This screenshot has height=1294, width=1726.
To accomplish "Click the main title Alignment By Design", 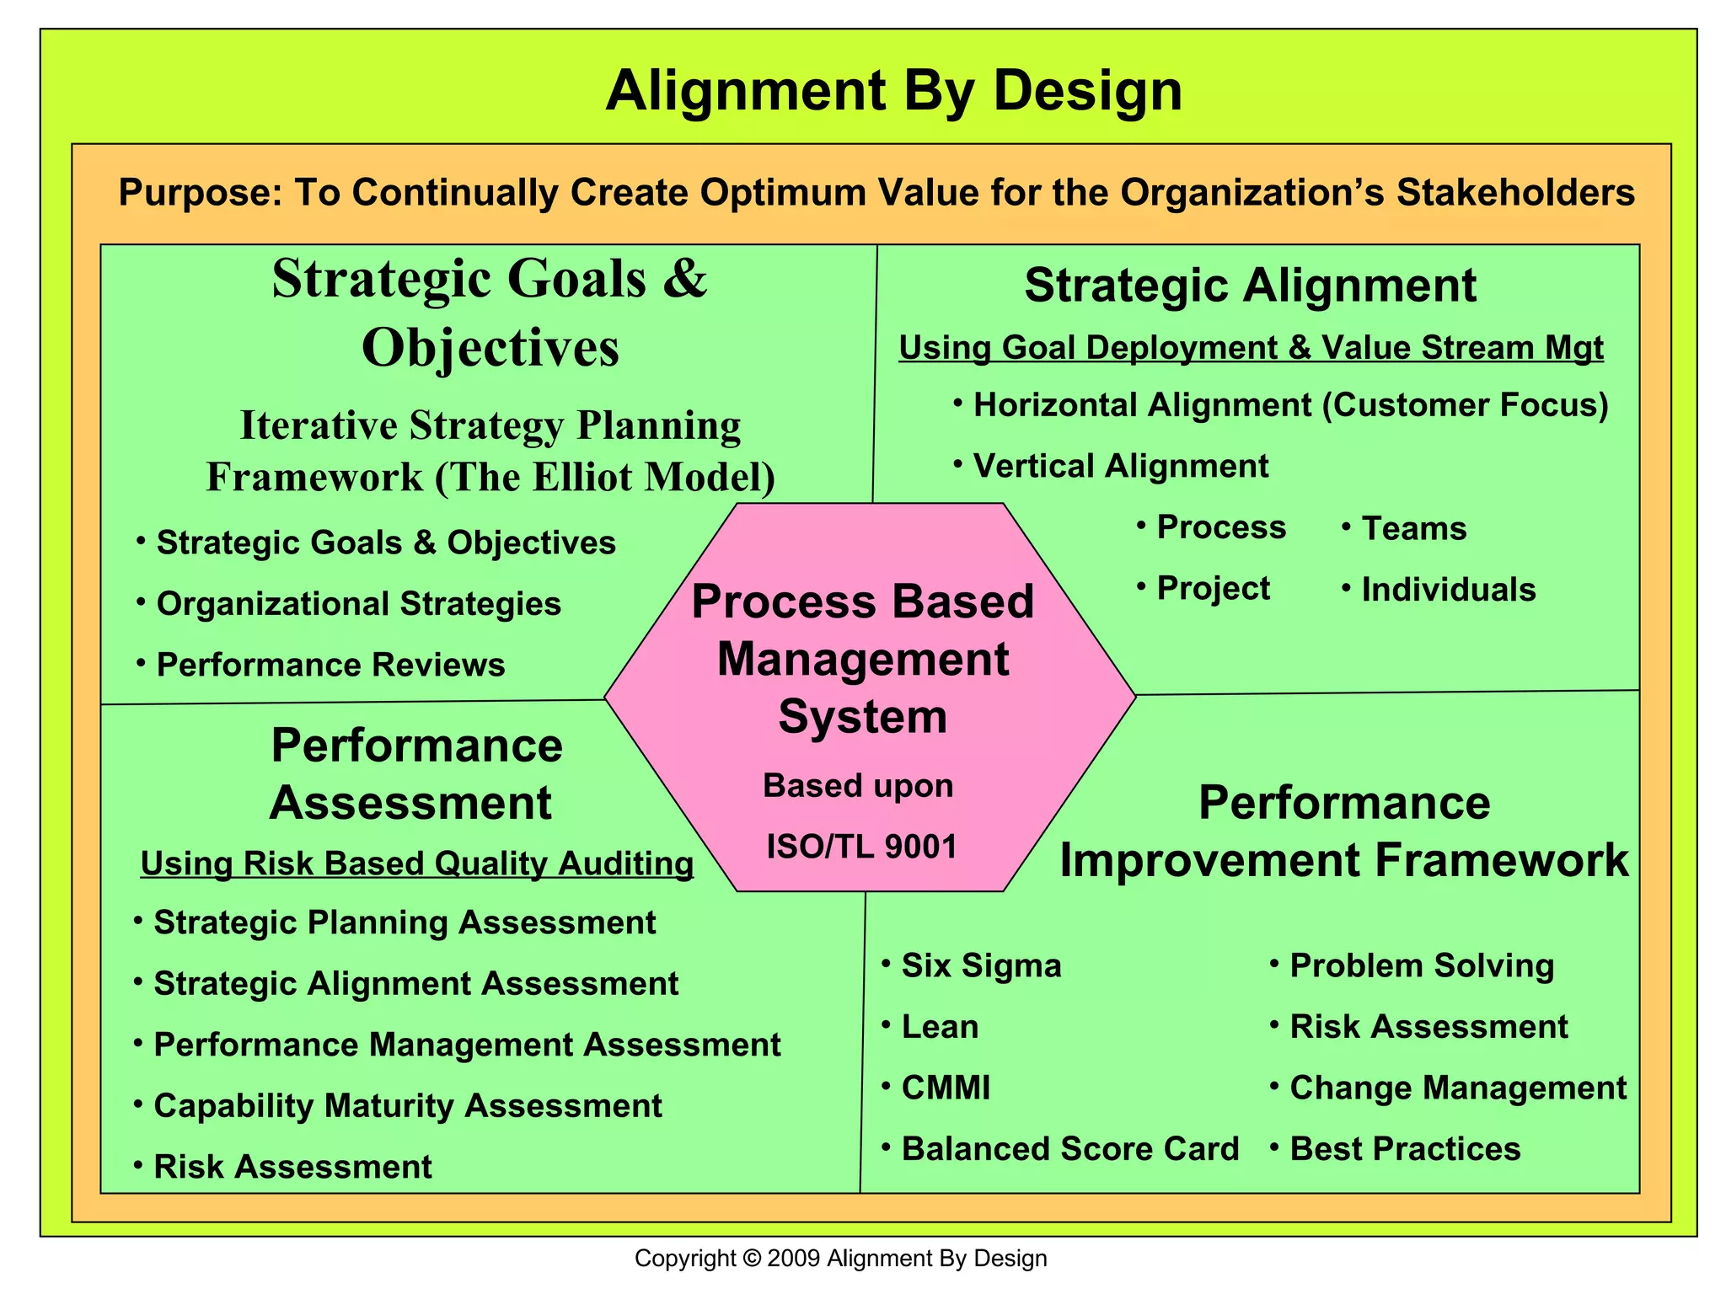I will pyautogui.click(x=893, y=90).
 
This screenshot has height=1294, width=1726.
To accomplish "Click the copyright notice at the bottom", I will pyautogui.click(x=840, y=1259).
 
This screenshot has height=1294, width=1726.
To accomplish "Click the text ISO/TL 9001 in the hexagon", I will pyautogui.click(x=861, y=847).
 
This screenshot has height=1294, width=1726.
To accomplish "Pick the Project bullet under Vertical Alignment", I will pyautogui.click(x=1212, y=588).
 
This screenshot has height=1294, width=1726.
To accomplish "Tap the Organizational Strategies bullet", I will pyautogui.click(x=358, y=604).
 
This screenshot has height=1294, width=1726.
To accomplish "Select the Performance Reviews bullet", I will pyautogui.click(x=330, y=665).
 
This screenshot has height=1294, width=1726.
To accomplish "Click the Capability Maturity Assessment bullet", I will pyautogui.click(x=407, y=1105).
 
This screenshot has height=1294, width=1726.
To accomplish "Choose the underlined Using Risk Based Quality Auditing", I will pyautogui.click(x=417, y=864).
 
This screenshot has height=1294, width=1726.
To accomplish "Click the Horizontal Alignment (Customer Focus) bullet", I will pyautogui.click(x=1290, y=405).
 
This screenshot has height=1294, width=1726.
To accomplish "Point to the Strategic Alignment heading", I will pyautogui.click(x=1250, y=285).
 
